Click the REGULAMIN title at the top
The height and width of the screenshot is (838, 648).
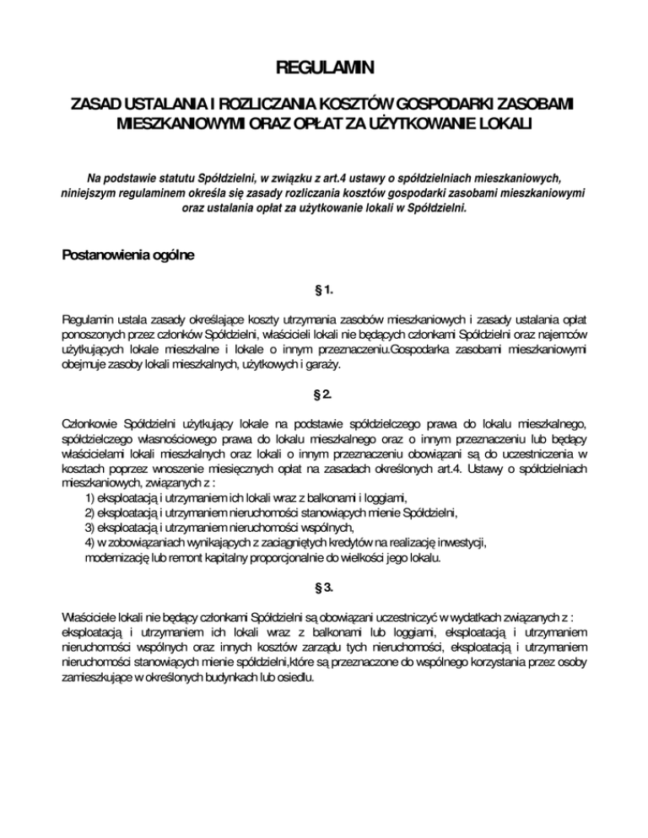(324, 67)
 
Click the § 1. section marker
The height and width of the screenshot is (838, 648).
(324, 291)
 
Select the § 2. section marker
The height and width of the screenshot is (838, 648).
(324, 394)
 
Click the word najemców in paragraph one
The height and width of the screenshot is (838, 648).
(561, 336)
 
